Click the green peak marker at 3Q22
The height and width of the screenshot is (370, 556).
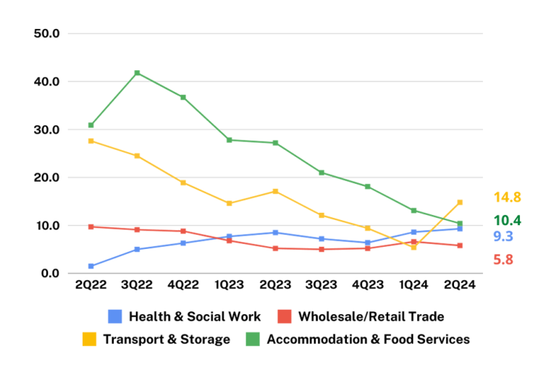(137, 73)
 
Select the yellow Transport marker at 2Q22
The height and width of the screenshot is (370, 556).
(91, 141)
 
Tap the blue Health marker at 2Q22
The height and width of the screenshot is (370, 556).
(91, 266)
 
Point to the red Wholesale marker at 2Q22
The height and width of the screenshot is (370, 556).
(91, 227)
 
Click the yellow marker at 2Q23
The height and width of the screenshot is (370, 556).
(275, 191)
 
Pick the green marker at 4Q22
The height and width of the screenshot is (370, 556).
(183, 97)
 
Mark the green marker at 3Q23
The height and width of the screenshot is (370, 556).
(321, 172)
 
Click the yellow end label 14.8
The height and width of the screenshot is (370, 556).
(507, 197)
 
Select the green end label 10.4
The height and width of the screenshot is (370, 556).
(507, 220)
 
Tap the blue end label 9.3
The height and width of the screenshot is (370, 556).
(503, 236)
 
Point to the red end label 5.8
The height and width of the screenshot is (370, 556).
(503, 259)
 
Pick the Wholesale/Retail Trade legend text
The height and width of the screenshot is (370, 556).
(371, 316)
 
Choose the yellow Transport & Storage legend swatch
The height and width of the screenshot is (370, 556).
(89, 339)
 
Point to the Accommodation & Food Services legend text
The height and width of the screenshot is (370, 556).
(368, 339)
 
